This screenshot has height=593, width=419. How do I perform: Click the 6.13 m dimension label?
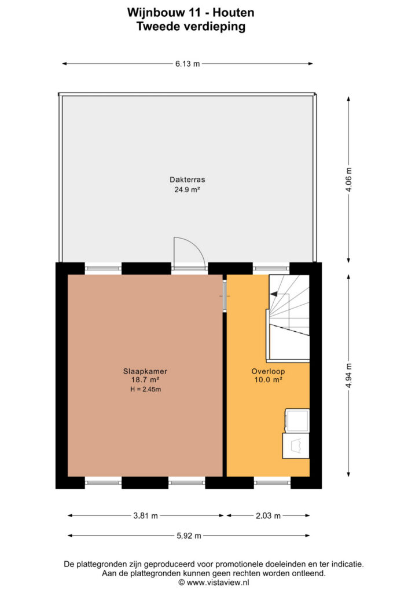pos(188,64)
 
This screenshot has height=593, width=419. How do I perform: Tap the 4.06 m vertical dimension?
pos(349,180)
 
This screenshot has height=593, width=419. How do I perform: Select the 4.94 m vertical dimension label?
pos(349,375)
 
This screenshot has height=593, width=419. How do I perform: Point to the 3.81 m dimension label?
pos(145,515)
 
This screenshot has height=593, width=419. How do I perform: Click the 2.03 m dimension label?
pos(269,515)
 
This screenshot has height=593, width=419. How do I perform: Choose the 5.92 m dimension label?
pos(189,536)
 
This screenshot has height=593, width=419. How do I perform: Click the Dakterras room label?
pos(188,180)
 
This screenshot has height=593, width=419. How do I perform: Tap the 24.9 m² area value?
pos(187,189)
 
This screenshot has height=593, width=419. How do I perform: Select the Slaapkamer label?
pos(145,371)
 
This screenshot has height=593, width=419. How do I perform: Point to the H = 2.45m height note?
pos(145,389)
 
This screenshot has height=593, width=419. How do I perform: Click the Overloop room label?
pos(269,371)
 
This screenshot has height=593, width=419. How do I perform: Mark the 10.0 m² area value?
pos(269,380)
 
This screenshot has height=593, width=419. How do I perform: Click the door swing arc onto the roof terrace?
pos(196,245)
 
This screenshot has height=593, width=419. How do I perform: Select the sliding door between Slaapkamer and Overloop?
pos(225,295)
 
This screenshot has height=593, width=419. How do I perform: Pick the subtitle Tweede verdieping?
pos(191,27)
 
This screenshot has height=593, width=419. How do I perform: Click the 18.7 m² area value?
pos(145,380)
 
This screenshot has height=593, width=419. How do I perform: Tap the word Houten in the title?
pos(233,13)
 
